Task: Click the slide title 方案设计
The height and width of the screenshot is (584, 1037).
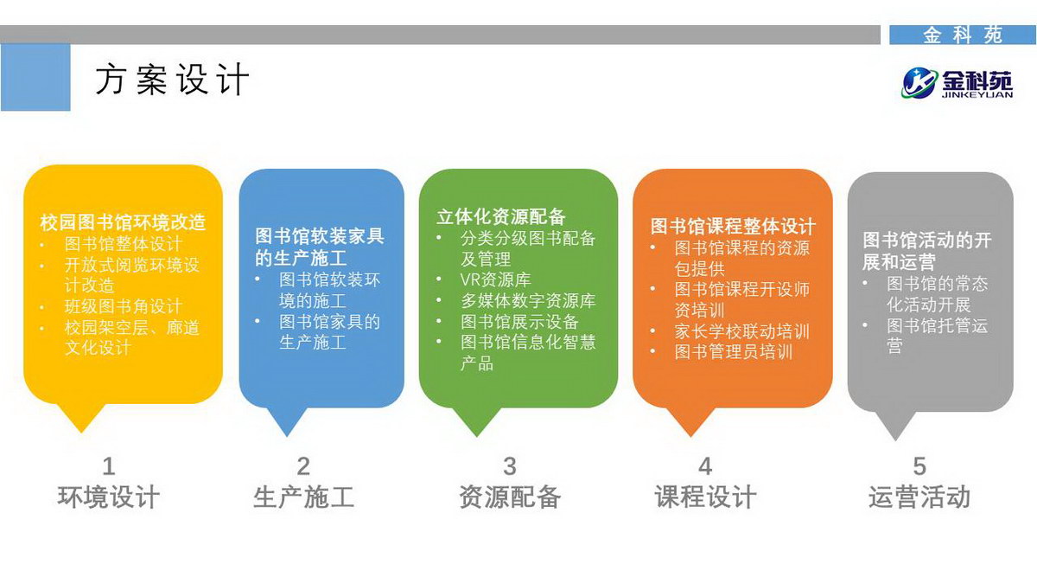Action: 172,80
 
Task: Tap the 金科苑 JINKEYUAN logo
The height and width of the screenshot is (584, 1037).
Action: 957,83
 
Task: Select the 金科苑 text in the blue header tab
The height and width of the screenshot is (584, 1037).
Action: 963,35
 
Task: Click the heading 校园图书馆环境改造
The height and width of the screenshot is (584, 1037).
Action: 123,222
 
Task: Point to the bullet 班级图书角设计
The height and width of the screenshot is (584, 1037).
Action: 123,306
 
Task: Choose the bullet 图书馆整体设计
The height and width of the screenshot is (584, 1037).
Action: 123,244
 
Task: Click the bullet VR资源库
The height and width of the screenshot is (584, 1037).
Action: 495,279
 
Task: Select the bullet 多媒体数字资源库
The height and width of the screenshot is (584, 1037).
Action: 528,301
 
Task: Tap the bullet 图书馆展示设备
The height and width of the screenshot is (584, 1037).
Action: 519,322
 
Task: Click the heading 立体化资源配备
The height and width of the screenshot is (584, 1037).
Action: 501,216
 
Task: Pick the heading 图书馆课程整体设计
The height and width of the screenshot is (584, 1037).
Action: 733,226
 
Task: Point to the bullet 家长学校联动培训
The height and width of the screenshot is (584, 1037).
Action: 741,331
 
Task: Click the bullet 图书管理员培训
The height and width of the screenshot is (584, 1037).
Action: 734,352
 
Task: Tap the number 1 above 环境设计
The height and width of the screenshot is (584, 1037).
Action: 109,466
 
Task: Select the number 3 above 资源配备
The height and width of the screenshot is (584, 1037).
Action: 510,466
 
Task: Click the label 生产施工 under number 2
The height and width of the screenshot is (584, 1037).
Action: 303,497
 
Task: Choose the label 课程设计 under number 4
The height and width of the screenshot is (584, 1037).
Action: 705,497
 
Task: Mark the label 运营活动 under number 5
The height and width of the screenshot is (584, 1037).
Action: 919,497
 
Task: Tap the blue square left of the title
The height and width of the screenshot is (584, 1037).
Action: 35,77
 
